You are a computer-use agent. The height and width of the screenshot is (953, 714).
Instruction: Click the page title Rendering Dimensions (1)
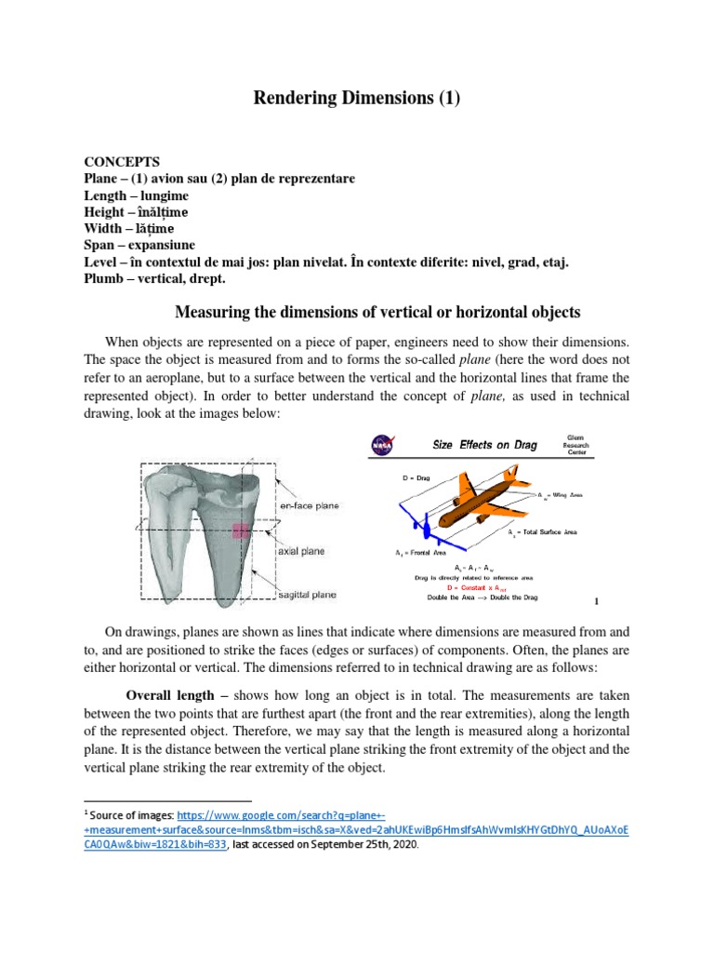[357, 99]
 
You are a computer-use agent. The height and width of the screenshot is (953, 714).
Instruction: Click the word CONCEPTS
[122, 161]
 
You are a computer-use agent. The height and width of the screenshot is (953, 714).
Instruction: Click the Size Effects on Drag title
[485, 445]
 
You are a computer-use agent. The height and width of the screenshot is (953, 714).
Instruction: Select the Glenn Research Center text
[575, 445]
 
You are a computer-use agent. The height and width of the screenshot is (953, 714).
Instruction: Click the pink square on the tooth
[241, 531]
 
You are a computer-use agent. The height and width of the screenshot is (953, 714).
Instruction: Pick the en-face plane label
[309, 505]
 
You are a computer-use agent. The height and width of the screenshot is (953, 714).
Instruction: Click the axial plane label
[300, 551]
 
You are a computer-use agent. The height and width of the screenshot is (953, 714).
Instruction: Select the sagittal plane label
[308, 594]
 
